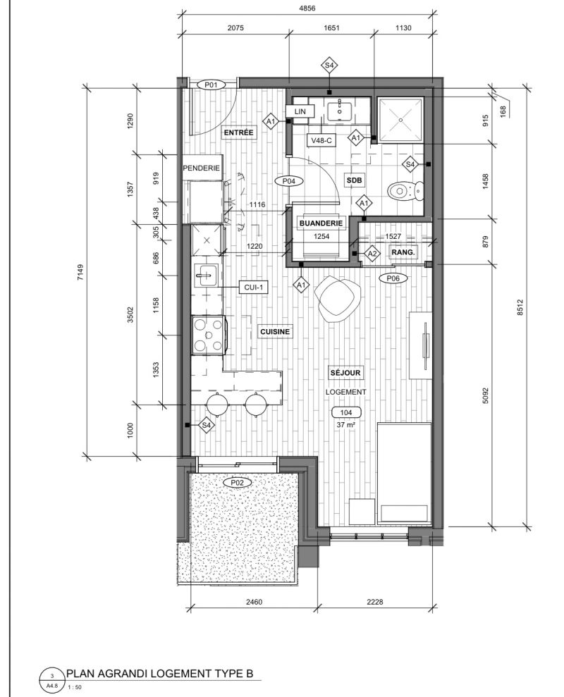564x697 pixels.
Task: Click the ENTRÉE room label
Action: click(238, 132)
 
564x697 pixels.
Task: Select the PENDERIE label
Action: click(202, 168)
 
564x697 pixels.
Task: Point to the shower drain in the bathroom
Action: click(400, 120)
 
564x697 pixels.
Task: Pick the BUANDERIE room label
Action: click(321, 223)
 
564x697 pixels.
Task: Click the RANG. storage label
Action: click(403, 252)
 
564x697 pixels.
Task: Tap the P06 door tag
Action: click(393, 278)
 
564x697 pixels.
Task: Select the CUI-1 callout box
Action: click(254, 287)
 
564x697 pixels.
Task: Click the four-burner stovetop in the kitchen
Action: click(208, 335)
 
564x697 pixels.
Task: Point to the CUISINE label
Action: click(275, 332)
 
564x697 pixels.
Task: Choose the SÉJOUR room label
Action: click(345, 373)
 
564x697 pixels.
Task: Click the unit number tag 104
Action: click(346, 412)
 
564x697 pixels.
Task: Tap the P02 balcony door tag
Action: click(238, 482)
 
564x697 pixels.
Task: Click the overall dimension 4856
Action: click(307, 8)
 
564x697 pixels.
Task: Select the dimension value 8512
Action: click(520, 307)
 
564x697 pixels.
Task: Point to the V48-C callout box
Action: click(321, 140)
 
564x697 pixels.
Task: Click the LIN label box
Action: click(300, 111)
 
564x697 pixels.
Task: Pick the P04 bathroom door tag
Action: click(288, 181)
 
